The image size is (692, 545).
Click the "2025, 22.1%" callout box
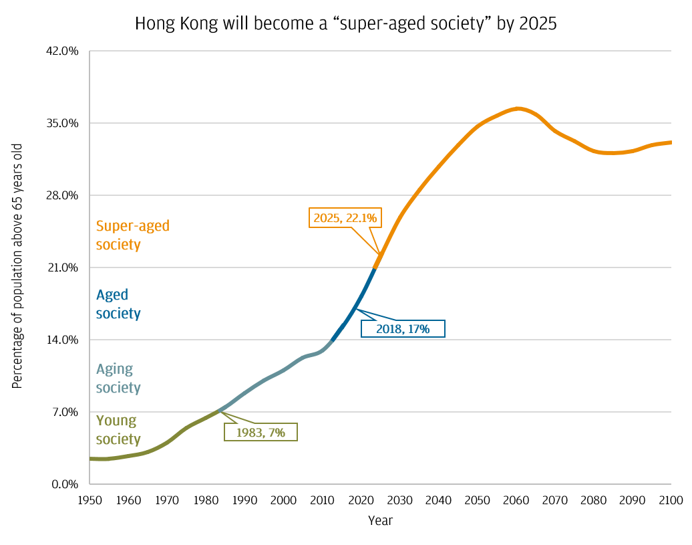coord(345,217)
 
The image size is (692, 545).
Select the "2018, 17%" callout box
coord(402,328)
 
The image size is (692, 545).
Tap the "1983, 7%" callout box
coord(261,432)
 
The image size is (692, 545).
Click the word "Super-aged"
coord(133,226)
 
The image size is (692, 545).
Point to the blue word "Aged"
coord(112,295)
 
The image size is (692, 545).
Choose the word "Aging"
coord(114,369)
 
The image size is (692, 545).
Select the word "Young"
coord(116,421)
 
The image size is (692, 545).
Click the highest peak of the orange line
coord(518,108)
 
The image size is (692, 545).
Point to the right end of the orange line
coord(669,142)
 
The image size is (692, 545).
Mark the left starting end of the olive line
coord(92,459)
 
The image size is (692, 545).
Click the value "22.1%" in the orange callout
coord(361,217)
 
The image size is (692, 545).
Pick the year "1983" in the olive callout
coord(248,433)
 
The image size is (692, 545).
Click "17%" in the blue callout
coord(419,328)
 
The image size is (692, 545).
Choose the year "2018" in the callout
coord(389,328)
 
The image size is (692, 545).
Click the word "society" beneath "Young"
coord(118,439)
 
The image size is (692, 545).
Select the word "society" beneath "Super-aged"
coord(118,244)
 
